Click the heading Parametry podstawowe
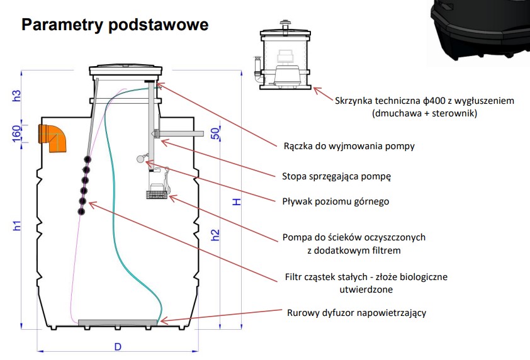coord(115,26)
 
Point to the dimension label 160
coord(18,133)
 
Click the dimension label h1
coord(18,225)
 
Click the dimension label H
coord(236,201)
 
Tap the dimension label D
coord(117,347)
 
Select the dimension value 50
coord(215,134)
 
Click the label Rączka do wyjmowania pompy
coord(349,147)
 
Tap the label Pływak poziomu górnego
coord(335,201)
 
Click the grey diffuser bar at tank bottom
coord(118,322)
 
